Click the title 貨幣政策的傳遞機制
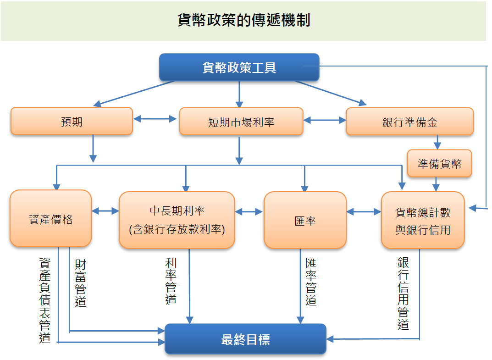coord(243,21)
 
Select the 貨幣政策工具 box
coord(239,67)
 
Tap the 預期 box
coord(72,122)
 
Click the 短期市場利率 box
coord(241,122)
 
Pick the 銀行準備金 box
coord(409,122)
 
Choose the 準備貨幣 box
coord(439,164)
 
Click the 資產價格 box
coord(50,219)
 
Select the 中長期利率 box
coord(177,220)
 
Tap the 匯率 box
coord(305,221)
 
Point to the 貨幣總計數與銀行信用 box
coord(423,221)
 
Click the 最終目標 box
coord(245,339)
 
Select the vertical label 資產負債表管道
coord(45,300)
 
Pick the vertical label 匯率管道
coord(311,282)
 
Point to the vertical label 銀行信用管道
coord(404,293)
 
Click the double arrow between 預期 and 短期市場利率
coord(155,119)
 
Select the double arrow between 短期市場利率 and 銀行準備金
coord(325,121)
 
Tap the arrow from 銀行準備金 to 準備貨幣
coord(439,142)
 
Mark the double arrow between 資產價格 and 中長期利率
coord(105,211)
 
